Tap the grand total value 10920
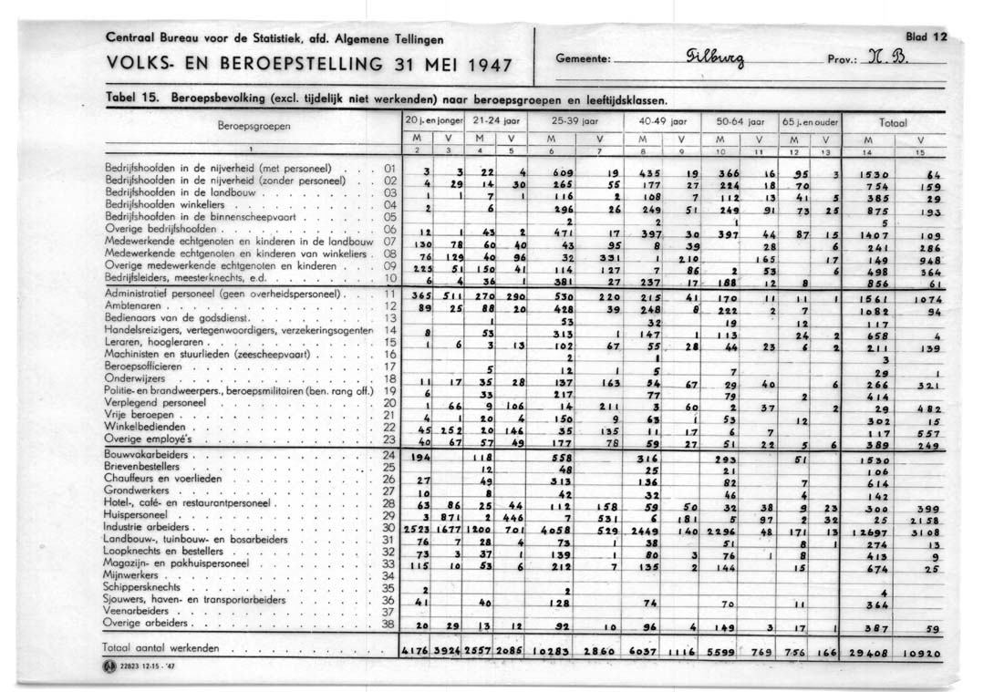tap(922, 653)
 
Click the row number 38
tap(389, 625)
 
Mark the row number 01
tap(389, 168)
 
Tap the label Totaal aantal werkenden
tap(162, 647)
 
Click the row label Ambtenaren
tap(135, 307)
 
